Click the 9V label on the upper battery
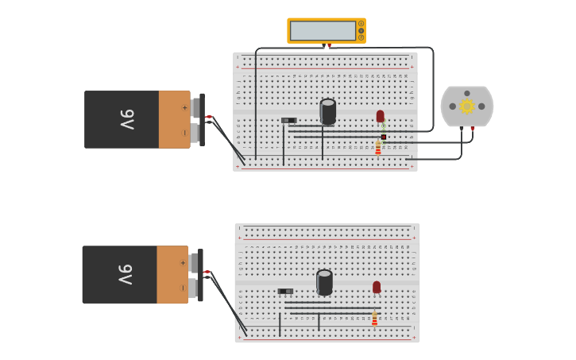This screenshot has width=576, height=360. click(127, 119)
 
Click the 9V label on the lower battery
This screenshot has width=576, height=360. click(126, 274)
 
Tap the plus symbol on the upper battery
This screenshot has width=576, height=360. click(184, 107)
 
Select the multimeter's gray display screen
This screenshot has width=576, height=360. click(323, 31)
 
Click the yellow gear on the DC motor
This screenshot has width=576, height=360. click(467, 106)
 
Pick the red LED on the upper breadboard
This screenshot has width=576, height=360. click(380, 116)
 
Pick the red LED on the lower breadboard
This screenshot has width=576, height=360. click(377, 287)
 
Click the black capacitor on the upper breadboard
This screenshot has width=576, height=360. click(327, 110)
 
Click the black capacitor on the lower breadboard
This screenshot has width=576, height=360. click(324, 281)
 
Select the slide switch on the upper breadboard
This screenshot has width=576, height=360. click(288, 121)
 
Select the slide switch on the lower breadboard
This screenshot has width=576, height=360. click(285, 292)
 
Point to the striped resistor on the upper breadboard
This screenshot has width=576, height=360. click(378, 148)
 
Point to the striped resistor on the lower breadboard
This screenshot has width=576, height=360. click(375, 319)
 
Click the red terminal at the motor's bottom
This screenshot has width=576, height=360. click(473, 128)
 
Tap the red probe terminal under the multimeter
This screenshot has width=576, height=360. click(329, 46)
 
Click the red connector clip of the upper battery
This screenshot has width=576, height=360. click(209, 117)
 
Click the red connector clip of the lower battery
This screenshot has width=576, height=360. click(207, 272)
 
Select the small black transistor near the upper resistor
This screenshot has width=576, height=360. click(384, 137)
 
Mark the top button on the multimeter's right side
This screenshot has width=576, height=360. click(361, 24)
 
